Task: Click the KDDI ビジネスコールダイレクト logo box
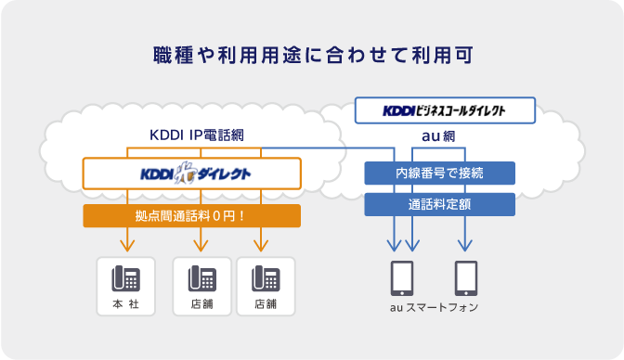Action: click(445, 110)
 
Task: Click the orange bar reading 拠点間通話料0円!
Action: click(192, 216)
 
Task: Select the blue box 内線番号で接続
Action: click(439, 173)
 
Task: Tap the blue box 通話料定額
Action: click(439, 204)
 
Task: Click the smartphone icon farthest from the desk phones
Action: click(466, 278)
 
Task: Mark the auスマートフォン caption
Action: click(435, 307)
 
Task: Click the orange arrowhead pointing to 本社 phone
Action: click(125, 246)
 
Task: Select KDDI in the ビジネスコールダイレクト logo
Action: click(400, 110)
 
